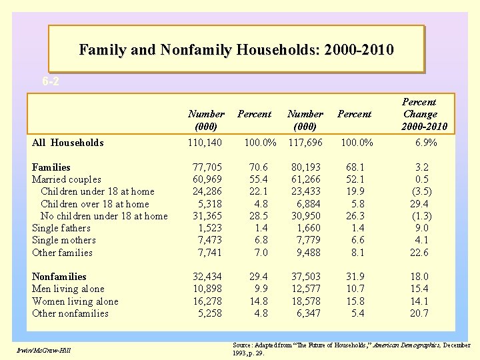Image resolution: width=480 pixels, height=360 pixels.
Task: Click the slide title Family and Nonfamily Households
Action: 236,49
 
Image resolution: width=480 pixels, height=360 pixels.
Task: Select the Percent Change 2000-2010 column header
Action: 420,114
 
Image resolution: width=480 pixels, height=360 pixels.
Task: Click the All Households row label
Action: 68,143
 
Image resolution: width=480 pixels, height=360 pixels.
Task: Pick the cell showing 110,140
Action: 205,143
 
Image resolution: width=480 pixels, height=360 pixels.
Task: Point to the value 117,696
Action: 305,143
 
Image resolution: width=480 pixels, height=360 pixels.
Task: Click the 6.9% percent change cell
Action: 425,143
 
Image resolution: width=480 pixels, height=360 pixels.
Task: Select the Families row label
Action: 51,167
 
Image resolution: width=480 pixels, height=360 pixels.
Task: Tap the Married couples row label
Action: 67,179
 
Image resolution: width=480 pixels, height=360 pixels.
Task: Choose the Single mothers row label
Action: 64,240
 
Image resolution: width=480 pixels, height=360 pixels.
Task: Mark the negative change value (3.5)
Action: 421,191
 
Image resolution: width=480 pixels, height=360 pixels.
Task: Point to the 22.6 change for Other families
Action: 420,253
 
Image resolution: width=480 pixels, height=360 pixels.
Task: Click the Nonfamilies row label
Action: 59,277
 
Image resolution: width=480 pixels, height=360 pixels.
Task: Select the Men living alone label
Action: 68,289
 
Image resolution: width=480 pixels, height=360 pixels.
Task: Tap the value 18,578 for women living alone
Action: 306,301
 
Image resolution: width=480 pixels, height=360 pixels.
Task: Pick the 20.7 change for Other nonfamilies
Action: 420,313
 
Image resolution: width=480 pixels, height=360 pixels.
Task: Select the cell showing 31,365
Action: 207,216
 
